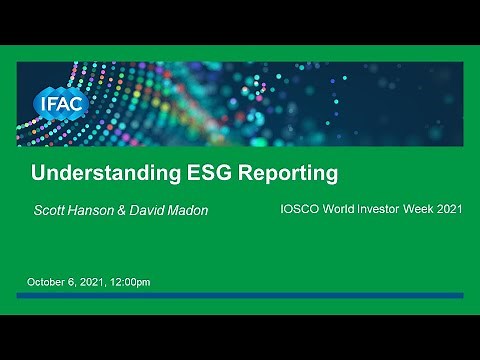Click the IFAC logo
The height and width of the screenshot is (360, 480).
(x=61, y=103)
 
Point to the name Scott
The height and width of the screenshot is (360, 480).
(x=52, y=211)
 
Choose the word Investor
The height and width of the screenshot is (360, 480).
(x=385, y=210)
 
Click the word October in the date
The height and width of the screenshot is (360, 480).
(x=44, y=282)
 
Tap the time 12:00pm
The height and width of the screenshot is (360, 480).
(x=129, y=282)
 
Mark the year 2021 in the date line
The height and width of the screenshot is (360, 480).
(x=90, y=282)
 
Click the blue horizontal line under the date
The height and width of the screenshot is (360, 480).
(x=240, y=296)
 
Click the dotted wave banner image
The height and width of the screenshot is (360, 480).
(x=300, y=100)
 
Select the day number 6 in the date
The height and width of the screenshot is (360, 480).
(x=70, y=282)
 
